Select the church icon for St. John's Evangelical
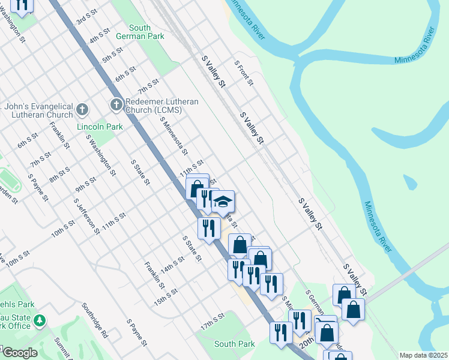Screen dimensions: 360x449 tap(82, 110)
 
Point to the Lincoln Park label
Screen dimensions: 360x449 tap(100, 127)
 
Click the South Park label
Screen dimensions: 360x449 tap(234, 344)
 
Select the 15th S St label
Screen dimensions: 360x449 tap(165, 297)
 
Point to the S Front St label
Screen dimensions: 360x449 tap(244, 73)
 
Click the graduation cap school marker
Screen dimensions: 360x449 tap(223, 202)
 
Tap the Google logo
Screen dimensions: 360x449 tap(19, 353)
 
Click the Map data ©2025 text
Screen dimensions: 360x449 tap(423, 355)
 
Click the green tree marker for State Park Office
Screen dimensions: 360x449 tap(40, 320)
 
